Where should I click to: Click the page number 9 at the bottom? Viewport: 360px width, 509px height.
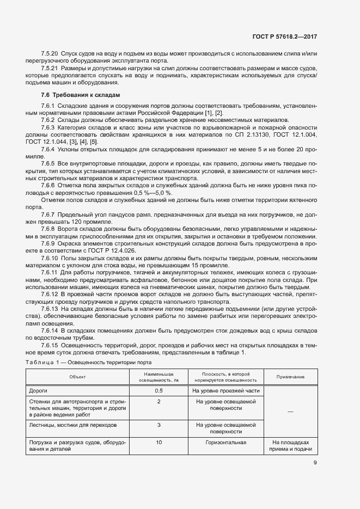(315, 463)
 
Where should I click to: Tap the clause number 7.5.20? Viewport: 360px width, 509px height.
(50, 53)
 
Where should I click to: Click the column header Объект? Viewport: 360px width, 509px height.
(77, 377)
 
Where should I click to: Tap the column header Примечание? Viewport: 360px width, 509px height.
(290, 377)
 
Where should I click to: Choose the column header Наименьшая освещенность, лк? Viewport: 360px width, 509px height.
(158, 377)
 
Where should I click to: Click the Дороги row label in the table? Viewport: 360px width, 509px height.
(39, 391)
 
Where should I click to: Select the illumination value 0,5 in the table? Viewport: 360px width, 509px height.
(158, 391)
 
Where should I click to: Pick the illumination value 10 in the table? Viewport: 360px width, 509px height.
(158, 443)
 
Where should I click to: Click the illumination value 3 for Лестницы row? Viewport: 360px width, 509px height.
(158, 425)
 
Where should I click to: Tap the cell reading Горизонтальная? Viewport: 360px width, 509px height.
(225, 443)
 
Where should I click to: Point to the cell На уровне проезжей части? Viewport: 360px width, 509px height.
(225, 391)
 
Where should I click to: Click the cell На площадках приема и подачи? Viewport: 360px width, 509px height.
(290, 446)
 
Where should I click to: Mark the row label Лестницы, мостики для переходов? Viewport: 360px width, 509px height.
(71, 425)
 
